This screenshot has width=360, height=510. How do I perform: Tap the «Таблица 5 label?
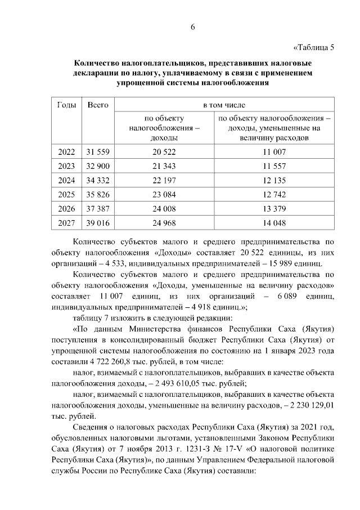coord(314,47)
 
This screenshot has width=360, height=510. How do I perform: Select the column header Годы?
coord(67,105)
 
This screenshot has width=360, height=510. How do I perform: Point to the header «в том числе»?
coord(224,105)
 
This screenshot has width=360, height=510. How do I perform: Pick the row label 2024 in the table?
coord(67,181)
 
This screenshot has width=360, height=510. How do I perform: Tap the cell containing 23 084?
coord(164,195)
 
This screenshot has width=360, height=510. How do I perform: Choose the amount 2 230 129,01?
coord(309,404)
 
